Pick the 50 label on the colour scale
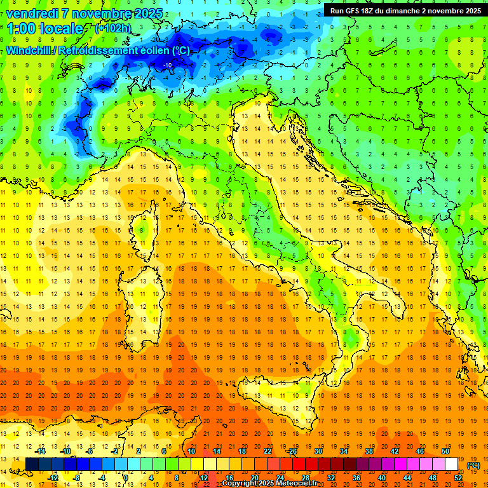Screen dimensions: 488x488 445,451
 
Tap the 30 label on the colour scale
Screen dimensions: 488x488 318,451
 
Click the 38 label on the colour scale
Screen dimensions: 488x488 369,451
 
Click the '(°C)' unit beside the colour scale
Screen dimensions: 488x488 473,465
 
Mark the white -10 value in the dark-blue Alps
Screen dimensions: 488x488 168,65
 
